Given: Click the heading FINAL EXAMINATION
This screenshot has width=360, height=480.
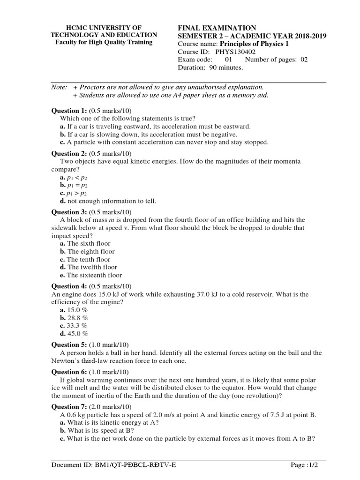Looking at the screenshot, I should pos(217,28).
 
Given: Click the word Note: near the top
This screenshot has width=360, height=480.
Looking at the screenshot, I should pos(59,88).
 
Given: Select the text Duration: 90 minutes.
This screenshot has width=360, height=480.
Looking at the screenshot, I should pos(210,67).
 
